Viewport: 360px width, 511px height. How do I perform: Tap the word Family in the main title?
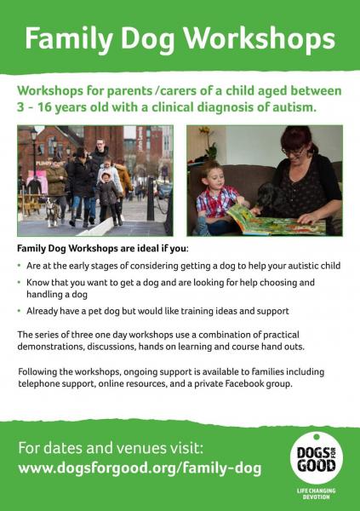click(x=69, y=39)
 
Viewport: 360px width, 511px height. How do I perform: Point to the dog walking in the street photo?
click(x=53, y=212)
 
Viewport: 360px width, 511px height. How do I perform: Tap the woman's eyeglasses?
click(x=294, y=152)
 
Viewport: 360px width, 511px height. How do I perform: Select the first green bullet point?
click(x=20, y=266)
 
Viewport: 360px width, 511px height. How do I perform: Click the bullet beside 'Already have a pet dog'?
click(x=20, y=311)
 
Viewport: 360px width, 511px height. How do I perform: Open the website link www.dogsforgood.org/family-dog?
click(x=140, y=468)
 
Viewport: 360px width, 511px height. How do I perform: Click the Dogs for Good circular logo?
click(x=317, y=459)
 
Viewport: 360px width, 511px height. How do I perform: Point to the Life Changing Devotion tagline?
click(x=316, y=494)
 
